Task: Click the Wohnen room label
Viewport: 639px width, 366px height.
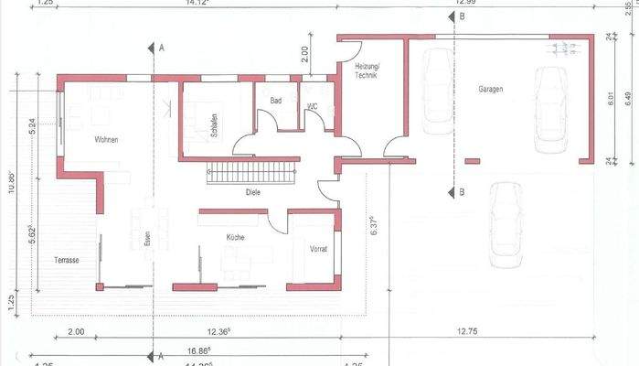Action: [106, 139]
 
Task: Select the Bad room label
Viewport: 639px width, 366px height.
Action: [276, 100]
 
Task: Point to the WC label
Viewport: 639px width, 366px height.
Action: [313, 106]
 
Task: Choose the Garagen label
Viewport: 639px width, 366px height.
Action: [490, 89]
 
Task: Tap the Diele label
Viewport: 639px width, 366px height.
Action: [253, 192]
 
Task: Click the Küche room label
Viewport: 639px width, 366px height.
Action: [236, 237]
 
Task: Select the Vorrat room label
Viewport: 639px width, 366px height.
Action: [318, 249]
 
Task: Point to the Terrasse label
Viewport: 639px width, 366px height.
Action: [66, 261]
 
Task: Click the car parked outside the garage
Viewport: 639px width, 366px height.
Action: [505, 224]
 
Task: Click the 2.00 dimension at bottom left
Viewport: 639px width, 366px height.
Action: [75, 331]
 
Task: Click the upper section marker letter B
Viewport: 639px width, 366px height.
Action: [463, 17]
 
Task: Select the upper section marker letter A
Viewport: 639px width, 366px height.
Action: [161, 46]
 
